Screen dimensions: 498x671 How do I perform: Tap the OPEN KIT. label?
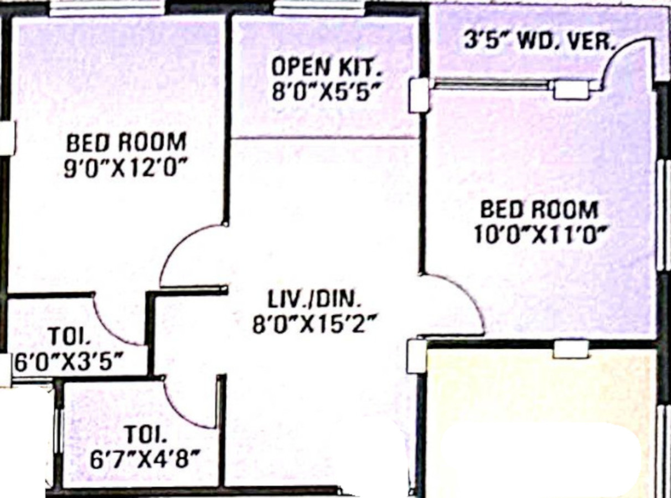tap(326, 68)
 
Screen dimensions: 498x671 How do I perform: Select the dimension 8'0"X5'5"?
tap(327, 91)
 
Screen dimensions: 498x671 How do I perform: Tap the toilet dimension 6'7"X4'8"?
tap(146, 458)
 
